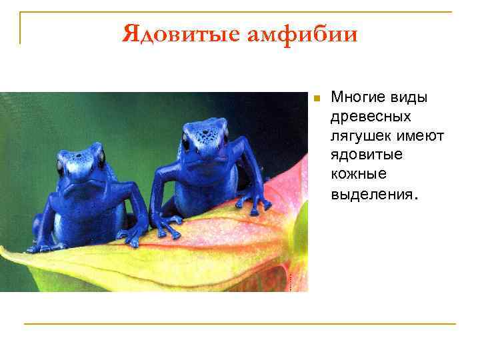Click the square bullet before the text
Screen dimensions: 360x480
click(317, 99)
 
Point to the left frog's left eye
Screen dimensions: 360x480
click(61, 165)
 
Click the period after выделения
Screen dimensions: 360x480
click(417, 197)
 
